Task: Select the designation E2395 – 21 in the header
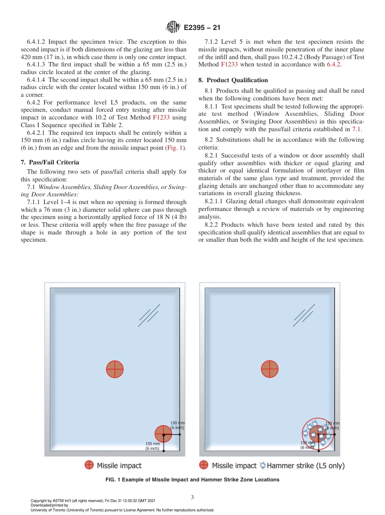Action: click(202, 28)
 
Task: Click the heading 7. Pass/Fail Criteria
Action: click(50, 162)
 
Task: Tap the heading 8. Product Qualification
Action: click(233, 80)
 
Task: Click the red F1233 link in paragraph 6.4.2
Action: click(161, 117)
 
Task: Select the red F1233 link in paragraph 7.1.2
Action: click(229, 64)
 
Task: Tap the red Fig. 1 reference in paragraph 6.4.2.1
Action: click(176, 148)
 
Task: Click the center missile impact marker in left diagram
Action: click(115, 369)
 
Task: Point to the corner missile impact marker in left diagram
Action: click(163, 434)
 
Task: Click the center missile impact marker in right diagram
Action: click(269, 369)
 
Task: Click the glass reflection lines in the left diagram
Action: click(148, 317)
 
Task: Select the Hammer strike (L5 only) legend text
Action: click(306, 466)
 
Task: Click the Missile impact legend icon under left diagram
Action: click(89, 465)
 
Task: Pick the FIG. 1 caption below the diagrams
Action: click(192, 480)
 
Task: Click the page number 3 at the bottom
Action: click(192, 498)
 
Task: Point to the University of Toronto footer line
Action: click(122, 510)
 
